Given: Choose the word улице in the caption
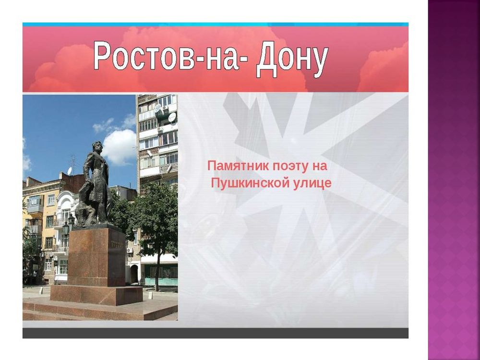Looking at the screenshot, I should coord(312,183).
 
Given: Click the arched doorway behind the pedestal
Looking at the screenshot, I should coord(134,274).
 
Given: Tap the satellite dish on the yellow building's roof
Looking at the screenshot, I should coord(70,171).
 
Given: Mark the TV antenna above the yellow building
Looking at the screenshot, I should coord(73,161).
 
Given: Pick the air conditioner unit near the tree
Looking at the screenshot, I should coord(130,250).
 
